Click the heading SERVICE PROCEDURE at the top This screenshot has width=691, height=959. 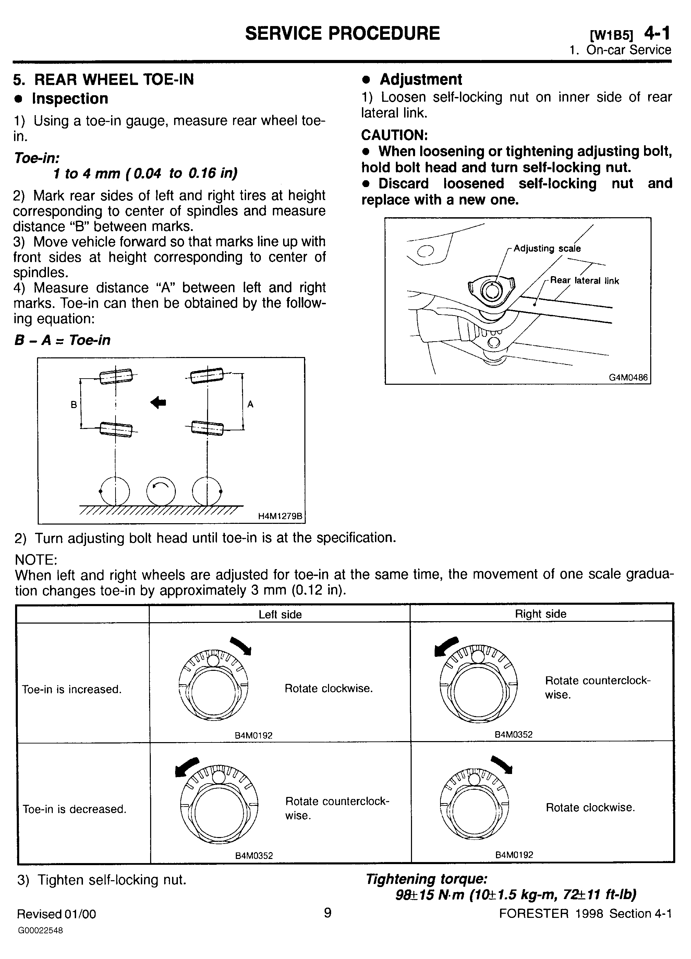(342, 33)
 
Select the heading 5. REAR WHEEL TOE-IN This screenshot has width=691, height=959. (104, 79)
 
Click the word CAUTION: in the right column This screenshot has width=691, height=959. (395, 135)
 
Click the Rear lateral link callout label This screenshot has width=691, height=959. (584, 280)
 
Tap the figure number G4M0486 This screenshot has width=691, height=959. (628, 377)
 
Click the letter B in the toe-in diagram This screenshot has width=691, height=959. (74, 405)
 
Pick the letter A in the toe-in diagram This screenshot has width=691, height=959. (250, 404)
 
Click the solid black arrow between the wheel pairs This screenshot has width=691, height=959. (158, 403)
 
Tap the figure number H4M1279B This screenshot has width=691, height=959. (280, 516)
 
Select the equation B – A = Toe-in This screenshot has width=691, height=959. (62, 340)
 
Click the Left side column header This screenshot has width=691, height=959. (280, 614)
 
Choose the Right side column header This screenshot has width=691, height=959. (541, 614)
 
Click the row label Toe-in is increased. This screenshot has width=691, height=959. (72, 690)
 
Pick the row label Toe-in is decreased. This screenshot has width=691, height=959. (74, 809)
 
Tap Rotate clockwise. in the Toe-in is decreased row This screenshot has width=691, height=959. (590, 808)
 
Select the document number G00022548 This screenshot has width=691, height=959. (40, 931)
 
